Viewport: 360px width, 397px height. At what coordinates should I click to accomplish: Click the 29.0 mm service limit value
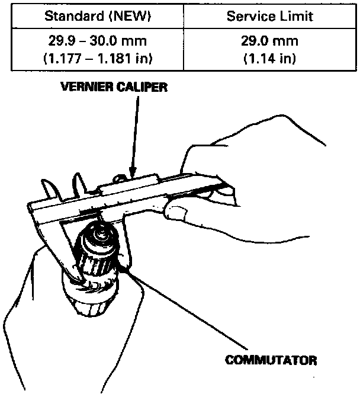269,43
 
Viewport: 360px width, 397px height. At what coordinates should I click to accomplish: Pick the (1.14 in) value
269,59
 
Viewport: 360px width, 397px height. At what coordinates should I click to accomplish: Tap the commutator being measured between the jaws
101,255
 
